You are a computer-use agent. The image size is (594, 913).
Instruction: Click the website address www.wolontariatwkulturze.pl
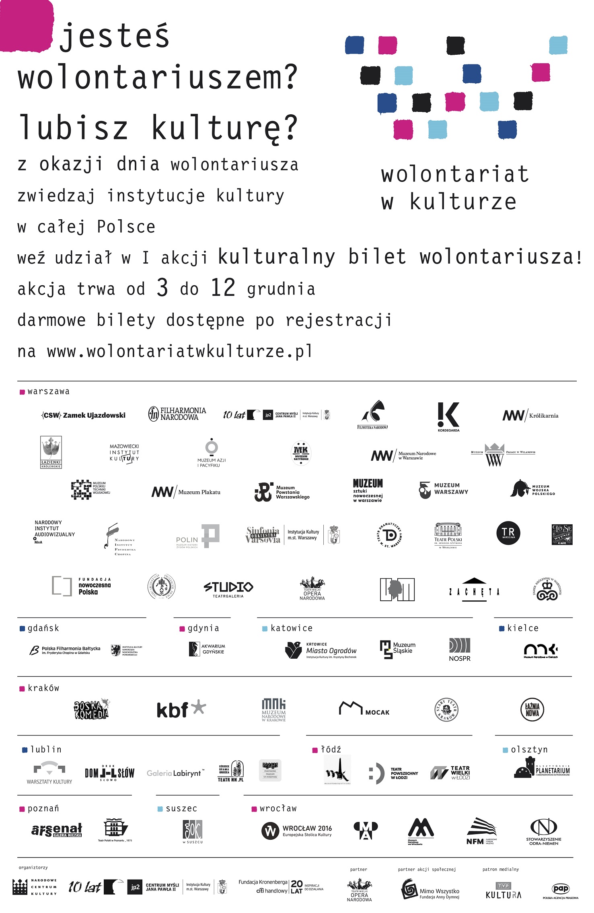click(x=179, y=351)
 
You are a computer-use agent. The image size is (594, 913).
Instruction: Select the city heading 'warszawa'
click(x=48, y=392)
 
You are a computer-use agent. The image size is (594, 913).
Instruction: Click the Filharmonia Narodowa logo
click(x=177, y=414)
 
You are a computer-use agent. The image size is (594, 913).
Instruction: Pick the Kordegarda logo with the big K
click(x=448, y=416)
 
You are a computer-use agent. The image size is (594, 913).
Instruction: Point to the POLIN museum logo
click(x=198, y=536)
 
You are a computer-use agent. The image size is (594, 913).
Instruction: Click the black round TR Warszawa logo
click(x=508, y=533)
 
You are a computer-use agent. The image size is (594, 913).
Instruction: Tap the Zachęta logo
click(x=474, y=590)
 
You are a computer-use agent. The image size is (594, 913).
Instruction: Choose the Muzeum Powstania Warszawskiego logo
click(x=282, y=492)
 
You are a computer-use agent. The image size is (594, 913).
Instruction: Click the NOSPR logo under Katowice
click(x=460, y=649)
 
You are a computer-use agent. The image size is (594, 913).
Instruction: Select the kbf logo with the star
click(x=181, y=709)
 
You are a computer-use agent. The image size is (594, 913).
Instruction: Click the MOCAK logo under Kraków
click(x=364, y=709)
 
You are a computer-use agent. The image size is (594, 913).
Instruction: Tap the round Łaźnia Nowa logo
click(x=532, y=709)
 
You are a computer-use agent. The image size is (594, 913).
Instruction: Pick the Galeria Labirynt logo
click(x=175, y=773)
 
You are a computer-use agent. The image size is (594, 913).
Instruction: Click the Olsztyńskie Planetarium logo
click(x=542, y=769)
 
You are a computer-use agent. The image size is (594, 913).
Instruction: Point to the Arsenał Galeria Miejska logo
click(x=57, y=830)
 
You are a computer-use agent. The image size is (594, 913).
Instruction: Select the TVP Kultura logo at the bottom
click(x=504, y=890)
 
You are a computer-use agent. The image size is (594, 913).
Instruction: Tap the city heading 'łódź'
click(x=331, y=750)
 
